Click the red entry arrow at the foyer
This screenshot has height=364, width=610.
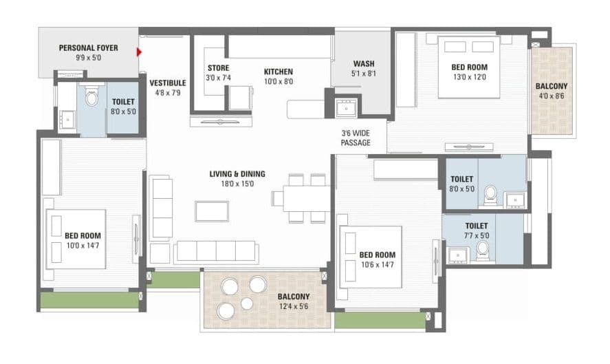(139, 52)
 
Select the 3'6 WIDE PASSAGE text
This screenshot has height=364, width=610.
(356, 138)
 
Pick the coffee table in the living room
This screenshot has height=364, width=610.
(212, 211)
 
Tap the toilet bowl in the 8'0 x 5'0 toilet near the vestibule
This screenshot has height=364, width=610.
(91, 97)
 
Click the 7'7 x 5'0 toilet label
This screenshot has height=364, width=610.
(476, 230)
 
